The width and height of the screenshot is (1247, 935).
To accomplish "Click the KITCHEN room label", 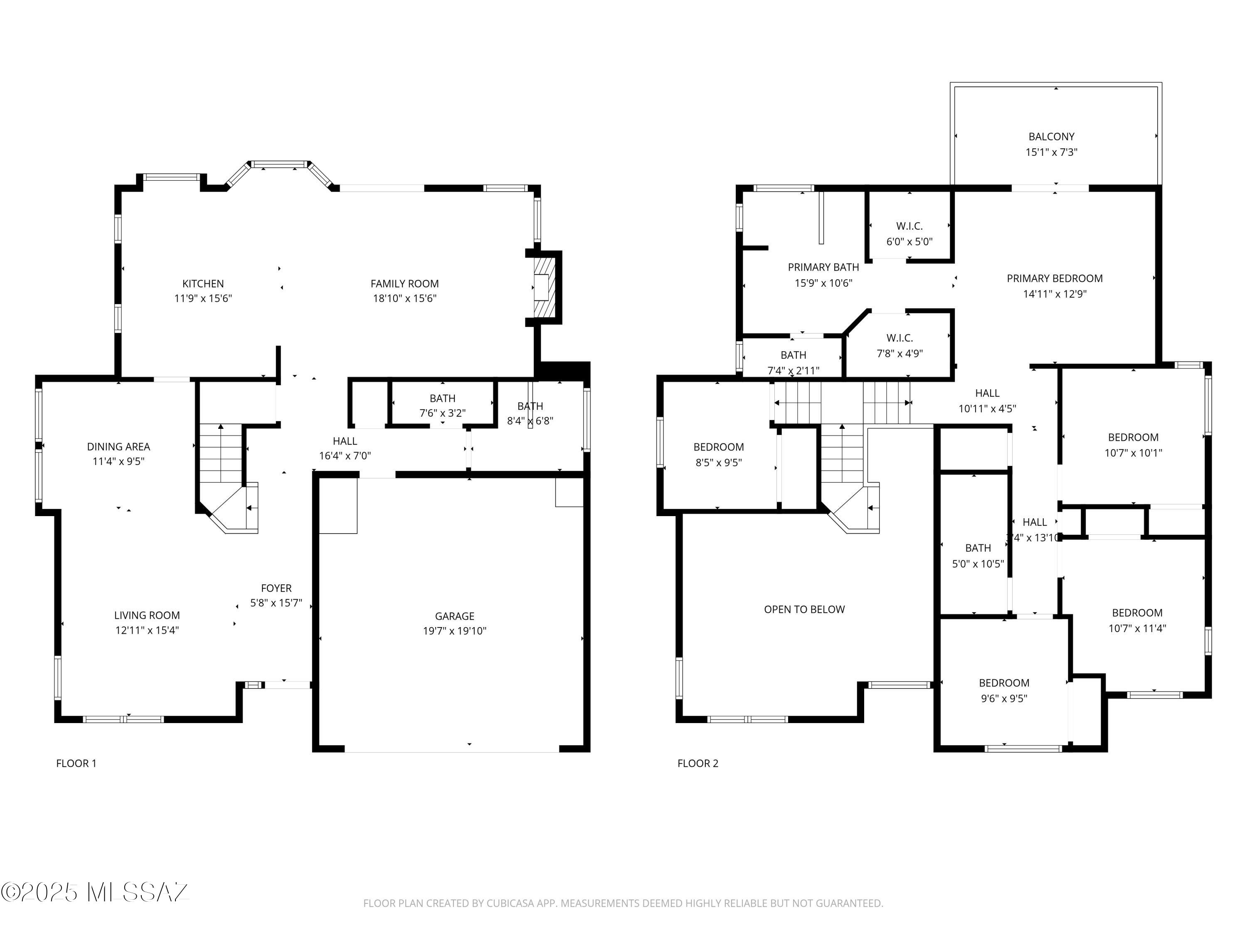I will [x=203, y=283].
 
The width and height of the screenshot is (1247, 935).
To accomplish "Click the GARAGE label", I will [x=454, y=616].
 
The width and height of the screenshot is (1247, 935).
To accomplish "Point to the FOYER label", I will [x=276, y=588].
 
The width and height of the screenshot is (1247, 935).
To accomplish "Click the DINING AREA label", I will [x=118, y=446].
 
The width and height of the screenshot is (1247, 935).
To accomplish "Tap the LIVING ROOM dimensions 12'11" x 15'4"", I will [x=147, y=630].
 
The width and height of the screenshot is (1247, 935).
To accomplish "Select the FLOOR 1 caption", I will [x=76, y=763].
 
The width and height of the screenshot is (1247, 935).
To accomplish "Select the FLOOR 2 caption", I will [x=697, y=763].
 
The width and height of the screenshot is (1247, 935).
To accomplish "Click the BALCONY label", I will [x=1051, y=136].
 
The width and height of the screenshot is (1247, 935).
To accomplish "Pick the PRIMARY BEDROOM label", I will [x=1054, y=278].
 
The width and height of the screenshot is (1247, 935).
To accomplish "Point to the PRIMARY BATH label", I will [x=823, y=267].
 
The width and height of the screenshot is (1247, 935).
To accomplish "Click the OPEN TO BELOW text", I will [x=804, y=609].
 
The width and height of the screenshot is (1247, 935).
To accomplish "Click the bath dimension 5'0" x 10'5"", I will [x=978, y=563].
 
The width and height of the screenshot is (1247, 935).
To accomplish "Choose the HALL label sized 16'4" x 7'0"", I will [x=345, y=441].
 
